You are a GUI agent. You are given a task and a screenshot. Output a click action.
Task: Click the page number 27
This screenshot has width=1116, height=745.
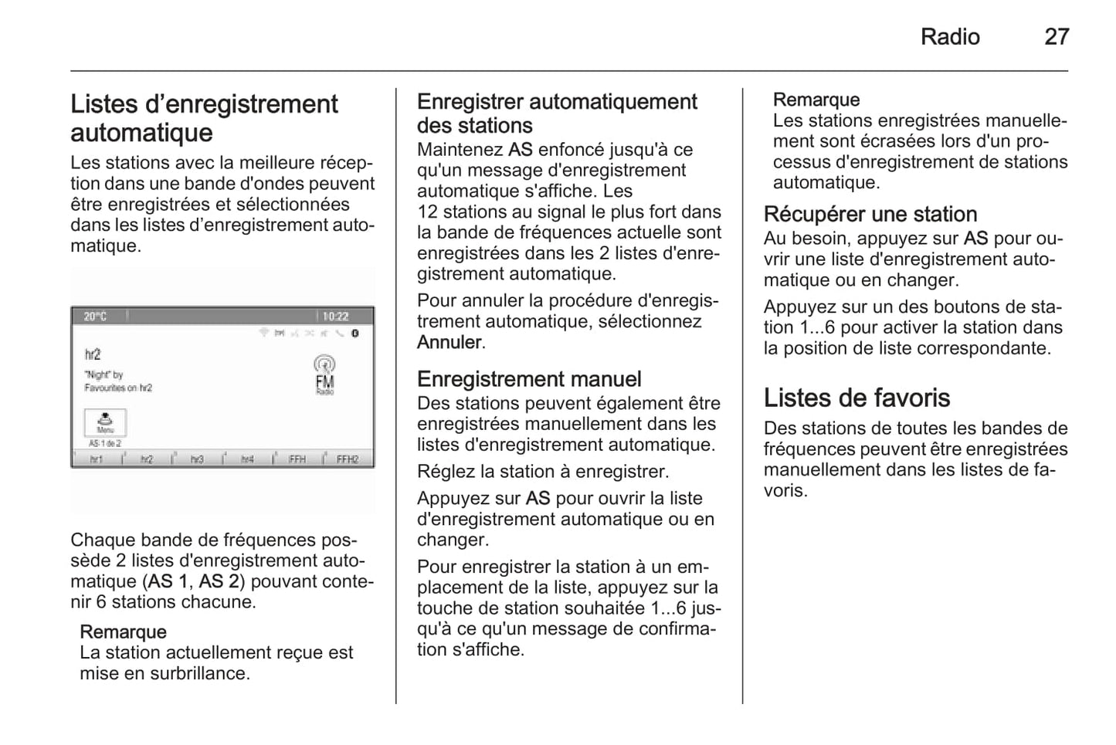pyautogui.click(x=1056, y=36)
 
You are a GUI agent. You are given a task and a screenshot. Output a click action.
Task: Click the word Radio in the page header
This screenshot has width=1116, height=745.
pyautogui.click(x=949, y=36)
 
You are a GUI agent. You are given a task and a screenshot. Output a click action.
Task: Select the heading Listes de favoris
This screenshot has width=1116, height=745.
pyautogui.click(x=857, y=398)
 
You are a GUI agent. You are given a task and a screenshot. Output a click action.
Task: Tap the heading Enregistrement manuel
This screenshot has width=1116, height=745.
pyautogui.click(x=529, y=379)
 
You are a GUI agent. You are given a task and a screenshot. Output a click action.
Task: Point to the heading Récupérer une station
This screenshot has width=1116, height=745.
pyautogui.click(x=870, y=214)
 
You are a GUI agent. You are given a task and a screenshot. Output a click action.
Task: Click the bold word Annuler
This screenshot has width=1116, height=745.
pyautogui.click(x=449, y=342)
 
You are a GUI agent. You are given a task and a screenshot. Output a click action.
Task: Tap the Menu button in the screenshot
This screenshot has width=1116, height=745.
pyautogui.click(x=105, y=422)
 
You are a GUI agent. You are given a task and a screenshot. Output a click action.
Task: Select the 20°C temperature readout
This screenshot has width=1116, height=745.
pyautogui.click(x=95, y=317)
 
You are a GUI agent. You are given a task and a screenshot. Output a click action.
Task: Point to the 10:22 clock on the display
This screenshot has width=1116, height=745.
pyautogui.click(x=335, y=317)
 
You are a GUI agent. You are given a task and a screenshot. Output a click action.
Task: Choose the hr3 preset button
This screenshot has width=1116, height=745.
pyautogui.click(x=197, y=459)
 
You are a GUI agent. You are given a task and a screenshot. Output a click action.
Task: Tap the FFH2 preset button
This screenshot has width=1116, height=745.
pyautogui.click(x=348, y=459)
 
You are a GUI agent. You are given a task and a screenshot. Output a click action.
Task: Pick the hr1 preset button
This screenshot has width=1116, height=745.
pyautogui.click(x=97, y=459)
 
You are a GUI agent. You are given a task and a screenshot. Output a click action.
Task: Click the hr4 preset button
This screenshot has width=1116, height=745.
pyautogui.click(x=247, y=459)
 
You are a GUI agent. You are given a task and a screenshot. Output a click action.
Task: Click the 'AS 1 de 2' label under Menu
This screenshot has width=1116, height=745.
pyautogui.click(x=105, y=444)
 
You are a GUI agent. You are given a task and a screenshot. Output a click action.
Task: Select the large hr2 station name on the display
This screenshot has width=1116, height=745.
pyautogui.click(x=93, y=354)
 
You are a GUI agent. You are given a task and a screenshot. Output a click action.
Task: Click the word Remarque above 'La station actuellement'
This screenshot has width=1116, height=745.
pyautogui.click(x=123, y=632)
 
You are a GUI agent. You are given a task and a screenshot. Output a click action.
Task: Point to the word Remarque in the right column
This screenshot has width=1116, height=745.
pyautogui.click(x=816, y=100)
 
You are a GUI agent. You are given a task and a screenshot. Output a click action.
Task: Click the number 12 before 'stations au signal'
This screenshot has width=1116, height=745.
pyautogui.click(x=427, y=212)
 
